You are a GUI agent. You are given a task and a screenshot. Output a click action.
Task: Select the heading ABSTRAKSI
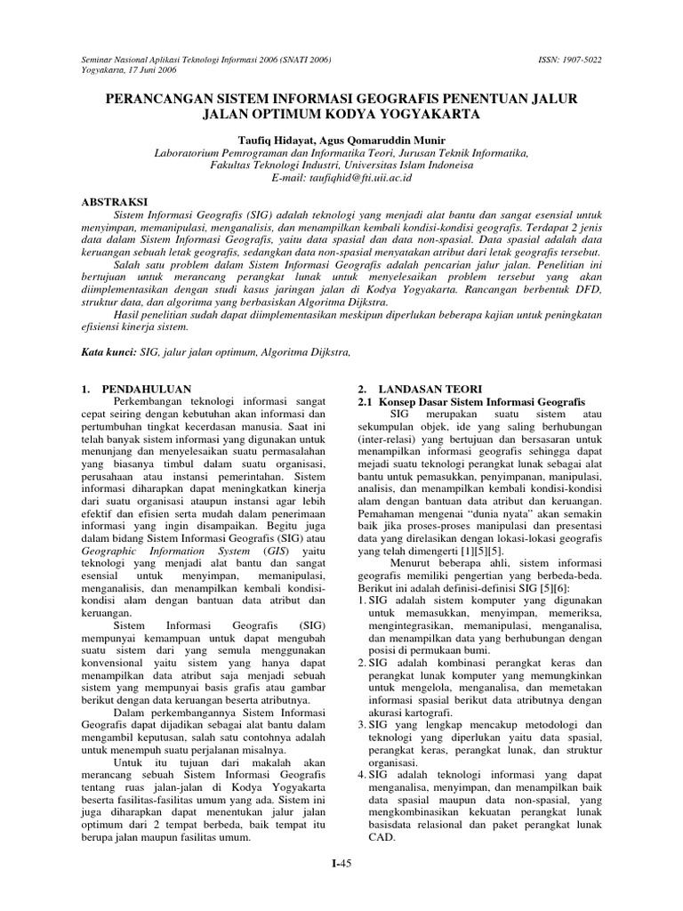112,202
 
